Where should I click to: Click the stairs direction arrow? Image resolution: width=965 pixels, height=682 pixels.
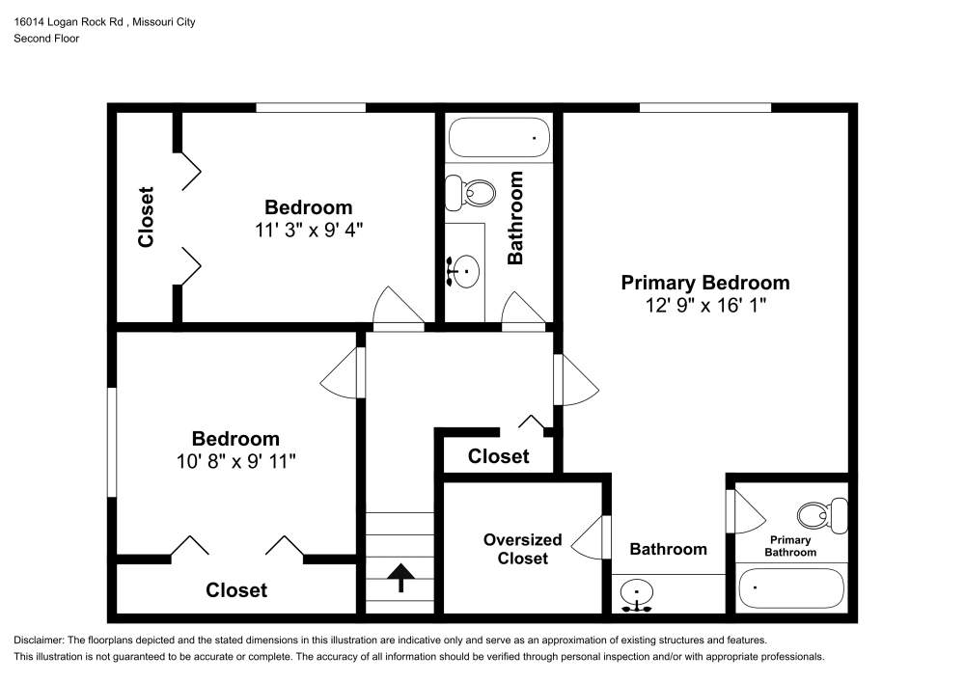[x=399, y=577]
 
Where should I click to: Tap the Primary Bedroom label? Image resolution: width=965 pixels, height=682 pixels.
[x=704, y=283]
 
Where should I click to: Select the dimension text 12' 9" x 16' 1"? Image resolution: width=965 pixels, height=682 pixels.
[x=704, y=305]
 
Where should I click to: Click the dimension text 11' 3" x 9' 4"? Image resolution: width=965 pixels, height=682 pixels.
[x=308, y=230]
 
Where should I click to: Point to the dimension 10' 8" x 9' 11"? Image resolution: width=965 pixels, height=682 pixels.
[x=235, y=461]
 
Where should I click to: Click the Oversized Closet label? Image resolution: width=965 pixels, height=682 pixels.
[x=522, y=549]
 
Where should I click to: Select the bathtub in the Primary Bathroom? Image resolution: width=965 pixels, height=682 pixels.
[x=790, y=587]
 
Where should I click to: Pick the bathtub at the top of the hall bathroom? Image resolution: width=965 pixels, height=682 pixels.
[x=499, y=138]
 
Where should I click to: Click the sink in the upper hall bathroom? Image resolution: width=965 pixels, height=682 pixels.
[x=464, y=271]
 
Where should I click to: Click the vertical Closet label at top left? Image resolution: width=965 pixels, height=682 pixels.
[x=146, y=217]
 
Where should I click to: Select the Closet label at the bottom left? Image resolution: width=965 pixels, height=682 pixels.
[x=236, y=589]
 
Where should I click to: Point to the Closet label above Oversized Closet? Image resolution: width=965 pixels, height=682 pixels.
[x=498, y=456]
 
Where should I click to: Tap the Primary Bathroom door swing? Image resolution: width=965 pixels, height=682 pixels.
[x=744, y=510]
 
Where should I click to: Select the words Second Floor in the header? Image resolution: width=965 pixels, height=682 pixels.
[x=46, y=39]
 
